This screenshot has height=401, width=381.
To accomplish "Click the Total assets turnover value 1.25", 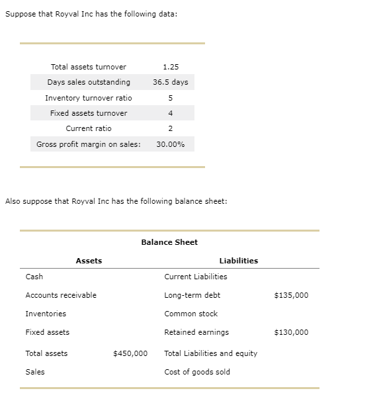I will (171, 67).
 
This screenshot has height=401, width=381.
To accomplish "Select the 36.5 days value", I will (171, 82).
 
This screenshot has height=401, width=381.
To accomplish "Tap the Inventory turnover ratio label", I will (89, 98).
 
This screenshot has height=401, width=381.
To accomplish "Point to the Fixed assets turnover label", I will (89, 113).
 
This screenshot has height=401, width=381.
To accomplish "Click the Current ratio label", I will (89, 128).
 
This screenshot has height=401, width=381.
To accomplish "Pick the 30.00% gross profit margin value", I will (171, 144).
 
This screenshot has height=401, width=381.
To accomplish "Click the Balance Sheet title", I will (169, 242).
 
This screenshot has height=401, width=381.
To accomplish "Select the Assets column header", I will (89, 261).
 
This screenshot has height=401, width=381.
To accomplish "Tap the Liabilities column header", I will (238, 261).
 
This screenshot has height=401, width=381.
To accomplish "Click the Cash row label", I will (34, 277).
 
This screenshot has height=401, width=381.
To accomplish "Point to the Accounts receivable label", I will (61, 295).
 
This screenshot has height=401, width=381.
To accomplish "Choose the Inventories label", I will (46, 314).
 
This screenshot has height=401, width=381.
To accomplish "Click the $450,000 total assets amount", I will (130, 353).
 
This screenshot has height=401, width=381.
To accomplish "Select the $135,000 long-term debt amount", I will (290, 295).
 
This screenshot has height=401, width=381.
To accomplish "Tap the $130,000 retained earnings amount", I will (290, 332).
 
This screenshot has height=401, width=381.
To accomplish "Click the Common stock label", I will (190, 314).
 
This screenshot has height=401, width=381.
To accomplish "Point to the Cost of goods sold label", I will (197, 372).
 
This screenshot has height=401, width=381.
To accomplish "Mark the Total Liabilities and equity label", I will (210, 353).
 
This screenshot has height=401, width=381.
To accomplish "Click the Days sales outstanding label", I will (89, 82).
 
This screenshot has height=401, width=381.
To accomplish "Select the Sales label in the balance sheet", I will (35, 372).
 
